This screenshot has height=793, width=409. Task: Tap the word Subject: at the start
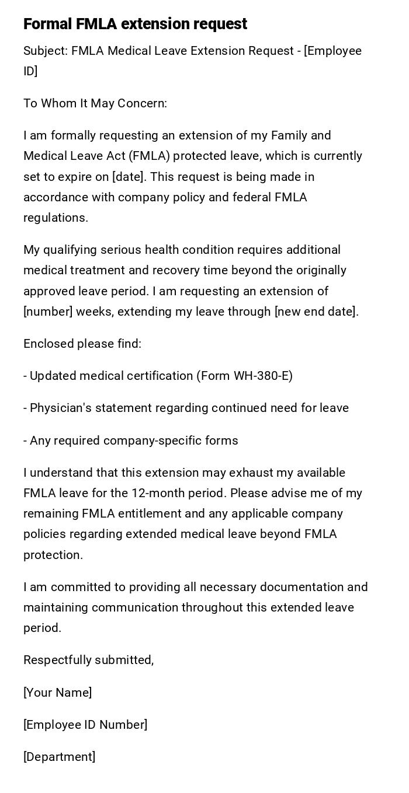pos(46,51)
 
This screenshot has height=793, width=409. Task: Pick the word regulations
pos(56,218)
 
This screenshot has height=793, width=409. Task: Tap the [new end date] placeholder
pos(316,312)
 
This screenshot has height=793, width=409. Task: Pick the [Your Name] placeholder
pos(57,693)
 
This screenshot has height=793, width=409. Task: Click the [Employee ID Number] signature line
pos(85,725)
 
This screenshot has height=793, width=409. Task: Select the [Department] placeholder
pos(59,757)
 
